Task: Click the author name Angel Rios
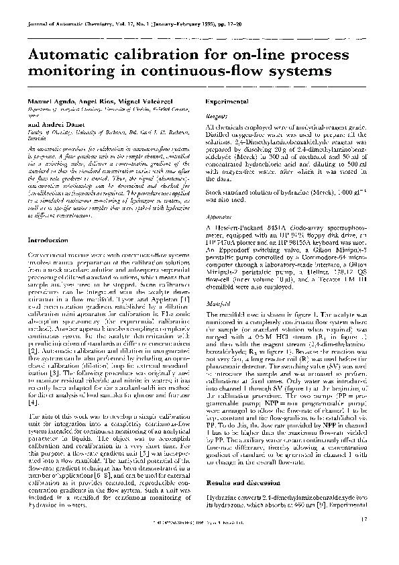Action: coord(92,99)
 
